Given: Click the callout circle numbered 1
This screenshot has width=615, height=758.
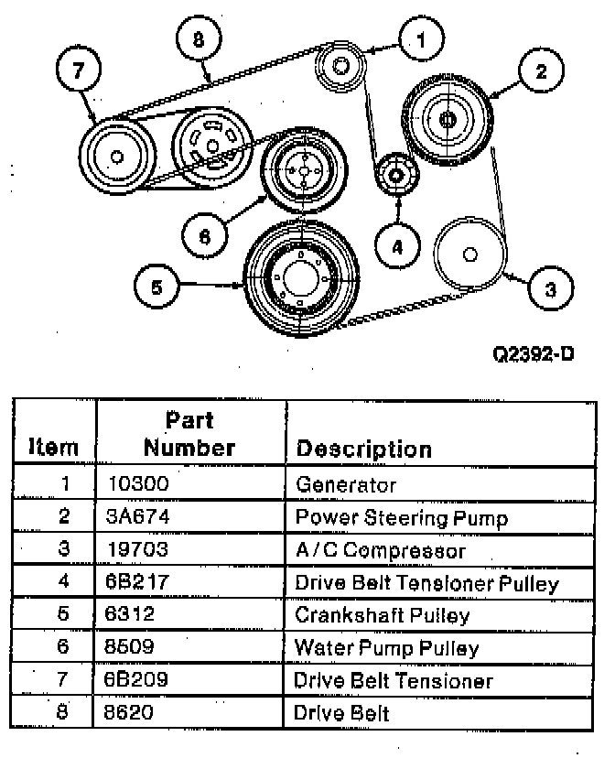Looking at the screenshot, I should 422,39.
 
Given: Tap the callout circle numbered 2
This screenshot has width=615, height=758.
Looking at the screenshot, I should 542,70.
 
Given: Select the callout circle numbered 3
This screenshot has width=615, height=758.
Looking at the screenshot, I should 550,289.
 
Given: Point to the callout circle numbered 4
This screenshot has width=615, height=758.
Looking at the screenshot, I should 397,247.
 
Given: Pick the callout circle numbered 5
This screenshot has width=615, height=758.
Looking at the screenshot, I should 156,287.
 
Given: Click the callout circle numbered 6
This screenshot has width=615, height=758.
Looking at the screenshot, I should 204,236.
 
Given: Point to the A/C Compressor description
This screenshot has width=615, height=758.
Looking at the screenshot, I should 380,550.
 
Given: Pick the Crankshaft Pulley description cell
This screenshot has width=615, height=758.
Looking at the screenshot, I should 383,616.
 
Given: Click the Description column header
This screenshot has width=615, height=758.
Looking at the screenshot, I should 364,449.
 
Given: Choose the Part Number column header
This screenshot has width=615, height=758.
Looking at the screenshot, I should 189,434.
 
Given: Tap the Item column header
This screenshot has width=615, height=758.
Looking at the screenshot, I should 53,448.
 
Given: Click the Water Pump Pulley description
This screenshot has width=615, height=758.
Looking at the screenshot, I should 386,648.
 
